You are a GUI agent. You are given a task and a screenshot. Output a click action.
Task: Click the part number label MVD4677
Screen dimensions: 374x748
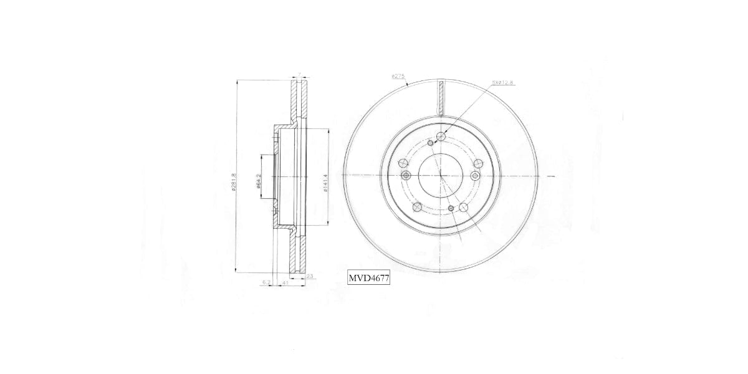coord(369,279)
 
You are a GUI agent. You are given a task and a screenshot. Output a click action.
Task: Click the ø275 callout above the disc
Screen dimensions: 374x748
coord(398,76)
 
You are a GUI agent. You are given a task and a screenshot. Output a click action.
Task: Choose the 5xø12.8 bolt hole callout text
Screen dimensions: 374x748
coord(502,82)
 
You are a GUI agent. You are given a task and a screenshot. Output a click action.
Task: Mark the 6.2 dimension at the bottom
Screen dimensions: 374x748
coord(266,282)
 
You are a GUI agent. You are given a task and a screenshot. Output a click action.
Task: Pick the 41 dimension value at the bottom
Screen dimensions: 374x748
coord(284,282)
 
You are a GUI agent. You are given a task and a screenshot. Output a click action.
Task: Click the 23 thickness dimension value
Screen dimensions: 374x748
coord(309,276)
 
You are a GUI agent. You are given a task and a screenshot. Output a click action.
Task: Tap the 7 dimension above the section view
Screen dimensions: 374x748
coord(299,75)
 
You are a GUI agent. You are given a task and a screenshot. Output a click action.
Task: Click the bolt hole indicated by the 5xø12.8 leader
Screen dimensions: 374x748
coord(441,137)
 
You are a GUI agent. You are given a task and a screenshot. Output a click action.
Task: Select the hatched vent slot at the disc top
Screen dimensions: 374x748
coord(441,98)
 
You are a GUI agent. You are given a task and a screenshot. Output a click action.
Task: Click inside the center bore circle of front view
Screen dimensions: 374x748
coord(441,176)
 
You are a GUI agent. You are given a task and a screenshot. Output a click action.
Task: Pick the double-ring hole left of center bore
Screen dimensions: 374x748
coord(406,176)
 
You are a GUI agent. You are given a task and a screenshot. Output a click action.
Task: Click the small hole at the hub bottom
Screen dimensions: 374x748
coord(451,208)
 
